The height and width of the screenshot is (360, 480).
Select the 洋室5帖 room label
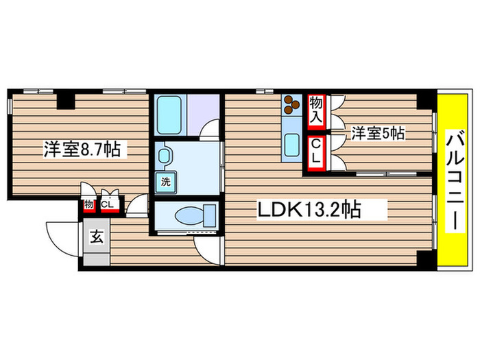[378, 133]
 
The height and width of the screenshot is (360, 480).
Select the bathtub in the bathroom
[169, 115]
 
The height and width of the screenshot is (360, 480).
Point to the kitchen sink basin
[291, 145]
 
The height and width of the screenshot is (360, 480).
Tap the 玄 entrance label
[97, 238]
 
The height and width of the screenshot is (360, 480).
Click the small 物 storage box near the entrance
[89, 205]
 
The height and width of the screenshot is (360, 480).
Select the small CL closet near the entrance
[108, 204]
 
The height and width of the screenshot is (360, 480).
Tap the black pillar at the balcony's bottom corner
[426, 261]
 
